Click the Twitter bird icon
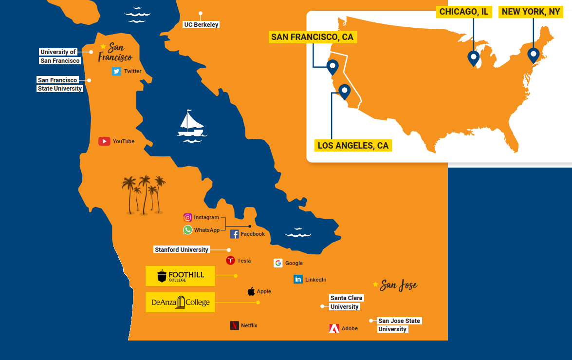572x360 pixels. pos(116,71)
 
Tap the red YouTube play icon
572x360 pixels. pos(104,141)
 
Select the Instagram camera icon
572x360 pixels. pos(188,218)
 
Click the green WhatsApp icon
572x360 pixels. pos(188,230)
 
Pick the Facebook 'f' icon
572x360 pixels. pos(234,234)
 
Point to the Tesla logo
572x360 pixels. pos(231,261)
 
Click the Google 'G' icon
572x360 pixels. pos(278,263)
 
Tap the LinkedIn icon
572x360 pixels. pos(298,280)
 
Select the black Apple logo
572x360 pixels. pos(251,291)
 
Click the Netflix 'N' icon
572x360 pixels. pos(234,325)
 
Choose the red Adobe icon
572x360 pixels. pos(334,328)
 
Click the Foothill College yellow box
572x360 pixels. pos(180,276)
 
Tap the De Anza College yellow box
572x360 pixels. pos(180,303)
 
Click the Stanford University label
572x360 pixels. pos(182,250)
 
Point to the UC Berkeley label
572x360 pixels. pos(201,25)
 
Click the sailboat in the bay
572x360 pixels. pos(191,125)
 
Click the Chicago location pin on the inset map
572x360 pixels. pos(473,58)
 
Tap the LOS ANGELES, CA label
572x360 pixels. pos(353,146)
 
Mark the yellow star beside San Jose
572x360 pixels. pos(375,284)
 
